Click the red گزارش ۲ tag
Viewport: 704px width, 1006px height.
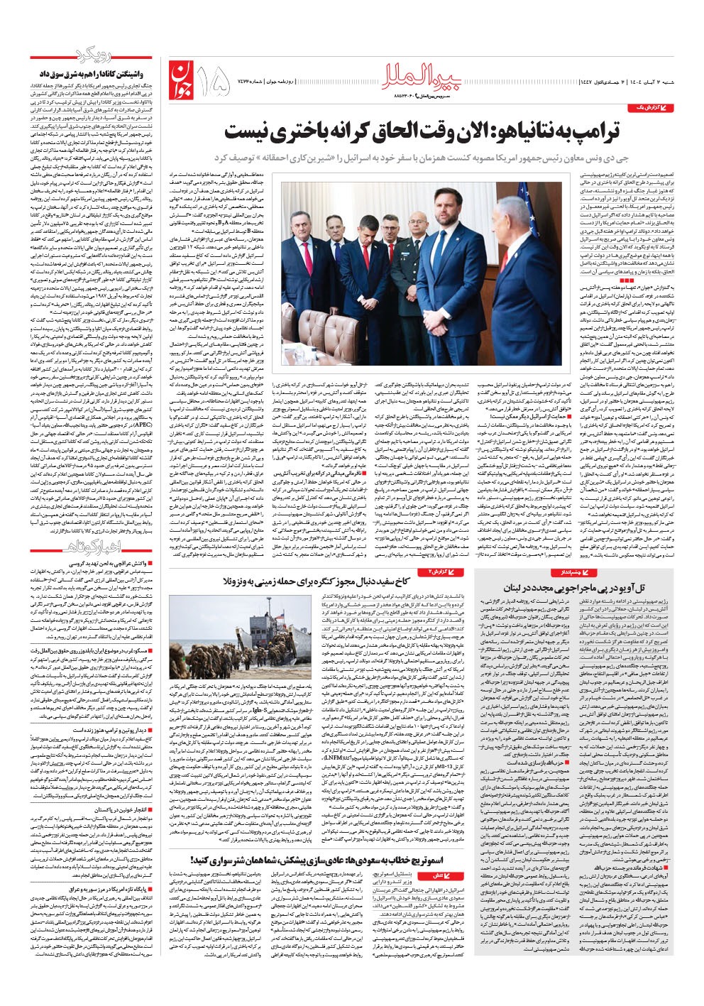point(445,572)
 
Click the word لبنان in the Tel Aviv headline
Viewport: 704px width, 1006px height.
point(517,589)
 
